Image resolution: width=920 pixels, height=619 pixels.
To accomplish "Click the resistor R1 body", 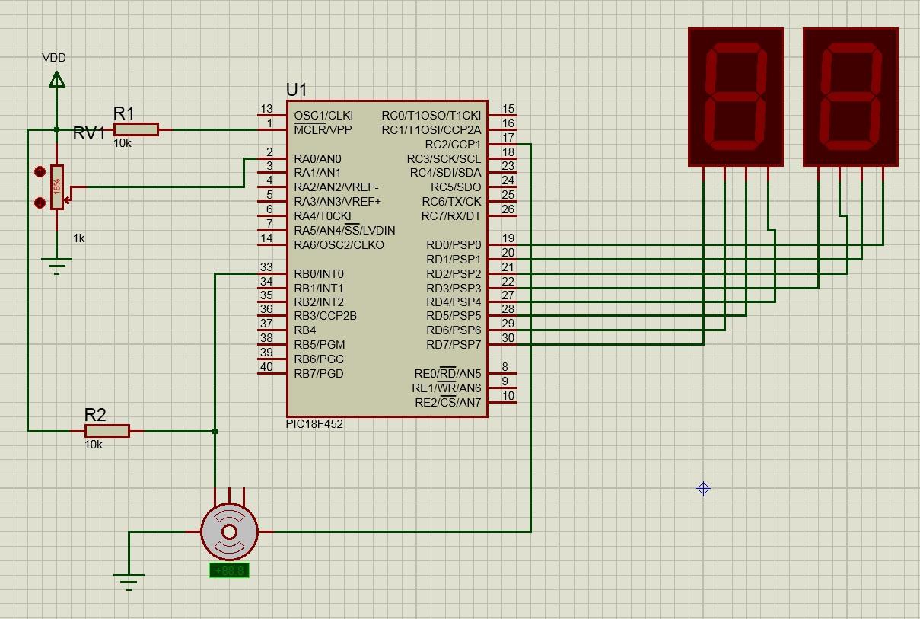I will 136,129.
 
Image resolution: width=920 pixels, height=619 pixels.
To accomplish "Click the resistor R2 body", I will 107,431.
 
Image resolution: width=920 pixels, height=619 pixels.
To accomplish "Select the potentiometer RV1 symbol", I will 57,187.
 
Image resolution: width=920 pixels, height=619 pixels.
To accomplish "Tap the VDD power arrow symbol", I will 56,78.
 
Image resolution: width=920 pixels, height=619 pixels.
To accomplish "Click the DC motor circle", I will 229,531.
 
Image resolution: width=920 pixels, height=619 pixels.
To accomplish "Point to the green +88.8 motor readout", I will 229,570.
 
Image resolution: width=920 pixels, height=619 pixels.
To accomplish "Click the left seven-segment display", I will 735,97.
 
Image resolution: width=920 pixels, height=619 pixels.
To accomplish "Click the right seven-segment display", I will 851,97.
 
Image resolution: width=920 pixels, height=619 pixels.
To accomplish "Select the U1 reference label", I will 297,90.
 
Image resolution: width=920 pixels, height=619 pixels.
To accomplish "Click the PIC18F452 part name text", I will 314,424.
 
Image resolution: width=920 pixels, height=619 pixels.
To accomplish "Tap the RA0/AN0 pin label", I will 317,159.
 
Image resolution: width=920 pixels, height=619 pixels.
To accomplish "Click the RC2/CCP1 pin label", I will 453,145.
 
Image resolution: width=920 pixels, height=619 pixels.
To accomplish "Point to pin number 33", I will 266,267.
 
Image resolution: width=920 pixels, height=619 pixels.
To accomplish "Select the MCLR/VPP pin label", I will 323,130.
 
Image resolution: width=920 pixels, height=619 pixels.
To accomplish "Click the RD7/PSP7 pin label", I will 454,345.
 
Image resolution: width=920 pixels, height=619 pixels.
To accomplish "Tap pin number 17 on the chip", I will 508,138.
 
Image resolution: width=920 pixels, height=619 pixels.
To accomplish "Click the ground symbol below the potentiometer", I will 56,265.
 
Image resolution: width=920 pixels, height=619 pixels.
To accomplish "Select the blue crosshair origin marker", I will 704,489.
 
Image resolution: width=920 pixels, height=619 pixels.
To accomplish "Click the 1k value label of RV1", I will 79,238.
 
